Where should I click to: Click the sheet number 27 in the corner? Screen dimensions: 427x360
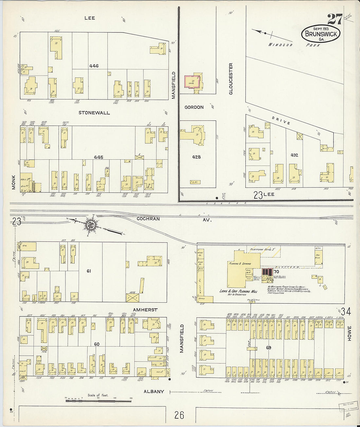pos(335,19)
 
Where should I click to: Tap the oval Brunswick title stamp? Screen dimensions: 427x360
pos(321,33)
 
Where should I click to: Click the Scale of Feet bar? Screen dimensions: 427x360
pos(98,400)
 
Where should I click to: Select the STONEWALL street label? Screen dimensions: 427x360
pos(94,113)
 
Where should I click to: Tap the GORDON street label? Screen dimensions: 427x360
pos(194,107)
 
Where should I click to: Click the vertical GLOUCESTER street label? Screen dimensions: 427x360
pos(231,79)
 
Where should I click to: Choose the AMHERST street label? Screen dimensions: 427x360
pos(145,310)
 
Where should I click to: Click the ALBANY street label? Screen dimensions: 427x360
pos(154,391)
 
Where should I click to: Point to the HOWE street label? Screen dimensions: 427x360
pos(349,333)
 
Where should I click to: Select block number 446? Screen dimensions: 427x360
pos(94,66)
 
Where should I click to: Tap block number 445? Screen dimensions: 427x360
pos(99,157)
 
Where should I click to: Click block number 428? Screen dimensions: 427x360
pos(196,157)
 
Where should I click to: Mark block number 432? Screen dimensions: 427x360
pos(295,155)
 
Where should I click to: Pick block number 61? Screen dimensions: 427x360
pos(89,271)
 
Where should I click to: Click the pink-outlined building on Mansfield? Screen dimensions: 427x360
pos(192,81)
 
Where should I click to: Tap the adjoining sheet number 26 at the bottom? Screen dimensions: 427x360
pos(179,415)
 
